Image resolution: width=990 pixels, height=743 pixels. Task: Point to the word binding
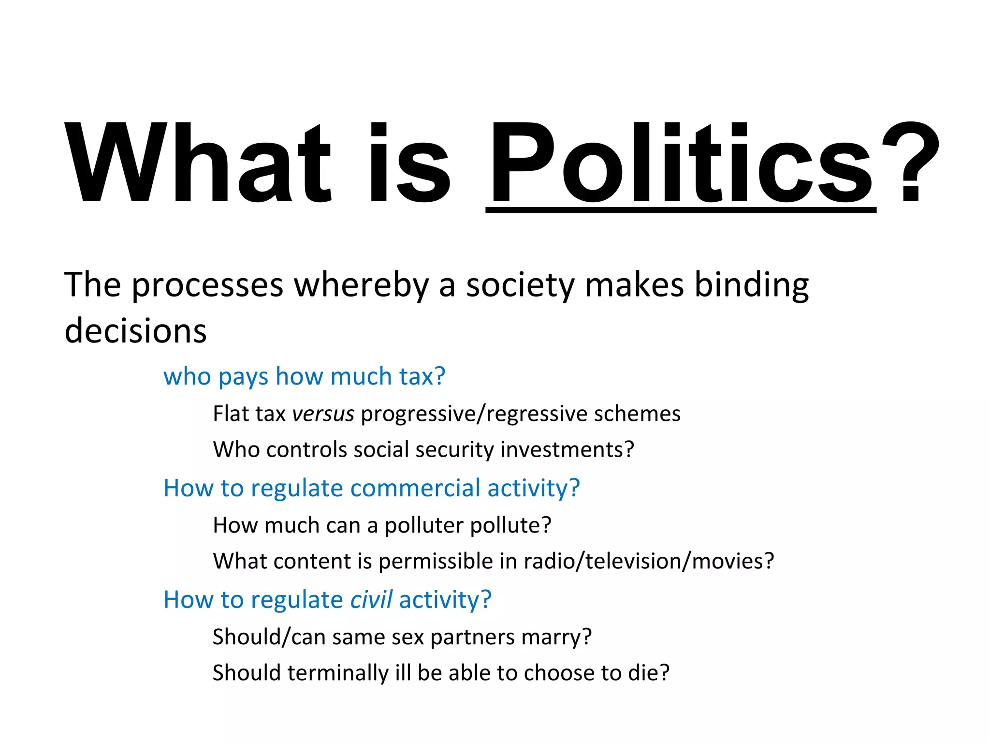coord(751,285)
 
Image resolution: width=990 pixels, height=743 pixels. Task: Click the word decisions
coord(135,331)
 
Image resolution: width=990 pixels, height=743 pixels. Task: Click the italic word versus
coord(323,414)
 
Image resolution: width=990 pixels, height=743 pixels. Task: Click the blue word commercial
coord(415,488)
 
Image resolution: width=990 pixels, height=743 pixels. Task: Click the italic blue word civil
coord(371,600)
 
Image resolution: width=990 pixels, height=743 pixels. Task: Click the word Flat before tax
coord(231,414)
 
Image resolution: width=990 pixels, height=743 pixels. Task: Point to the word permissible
coord(436,562)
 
